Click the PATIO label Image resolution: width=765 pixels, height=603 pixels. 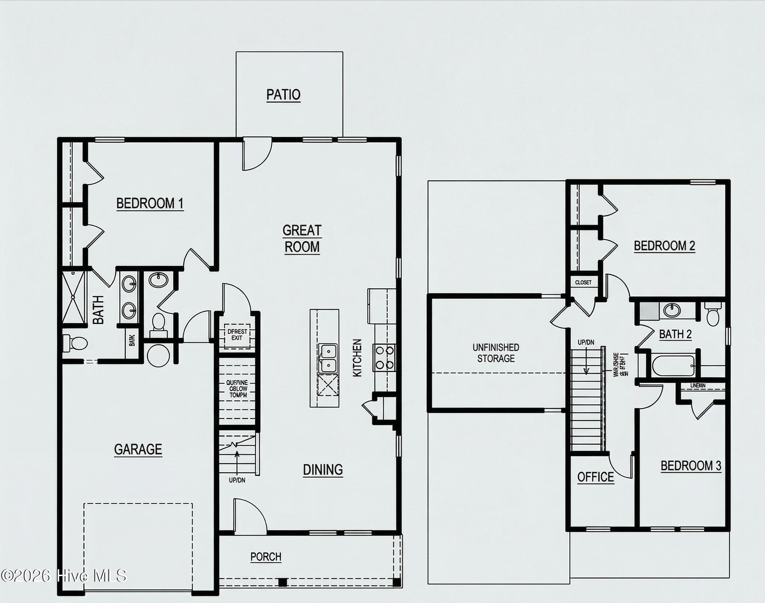click(x=283, y=95)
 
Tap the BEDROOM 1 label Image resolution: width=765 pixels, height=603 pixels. click(x=150, y=203)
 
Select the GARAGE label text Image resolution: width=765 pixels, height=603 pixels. click(x=138, y=449)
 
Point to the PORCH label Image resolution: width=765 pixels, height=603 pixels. click(x=266, y=557)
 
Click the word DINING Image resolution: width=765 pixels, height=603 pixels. click(x=323, y=469)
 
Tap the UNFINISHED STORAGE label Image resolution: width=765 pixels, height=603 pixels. click(x=495, y=353)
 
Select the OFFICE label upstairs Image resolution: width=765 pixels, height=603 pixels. click(x=596, y=477)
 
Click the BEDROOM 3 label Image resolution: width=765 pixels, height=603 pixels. click(x=691, y=465)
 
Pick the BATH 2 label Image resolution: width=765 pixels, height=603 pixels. click(x=675, y=334)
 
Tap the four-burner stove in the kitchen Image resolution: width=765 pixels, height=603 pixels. click(x=384, y=357)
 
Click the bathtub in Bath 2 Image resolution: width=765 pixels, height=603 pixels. click(x=673, y=366)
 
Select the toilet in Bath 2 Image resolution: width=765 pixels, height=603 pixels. click(x=713, y=315)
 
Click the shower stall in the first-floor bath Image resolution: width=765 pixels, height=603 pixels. click(x=73, y=298)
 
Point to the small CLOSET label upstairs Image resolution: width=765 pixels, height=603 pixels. click(x=583, y=282)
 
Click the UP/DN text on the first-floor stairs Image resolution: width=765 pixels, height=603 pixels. click(x=237, y=480)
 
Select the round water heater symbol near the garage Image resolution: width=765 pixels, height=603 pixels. click(x=159, y=356)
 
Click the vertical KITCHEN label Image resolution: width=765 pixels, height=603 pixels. click(x=357, y=358)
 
